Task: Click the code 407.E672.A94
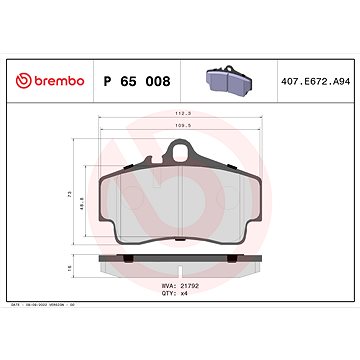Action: click(311, 78)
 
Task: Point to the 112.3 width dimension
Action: click(178, 114)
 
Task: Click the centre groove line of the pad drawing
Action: click(178, 205)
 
